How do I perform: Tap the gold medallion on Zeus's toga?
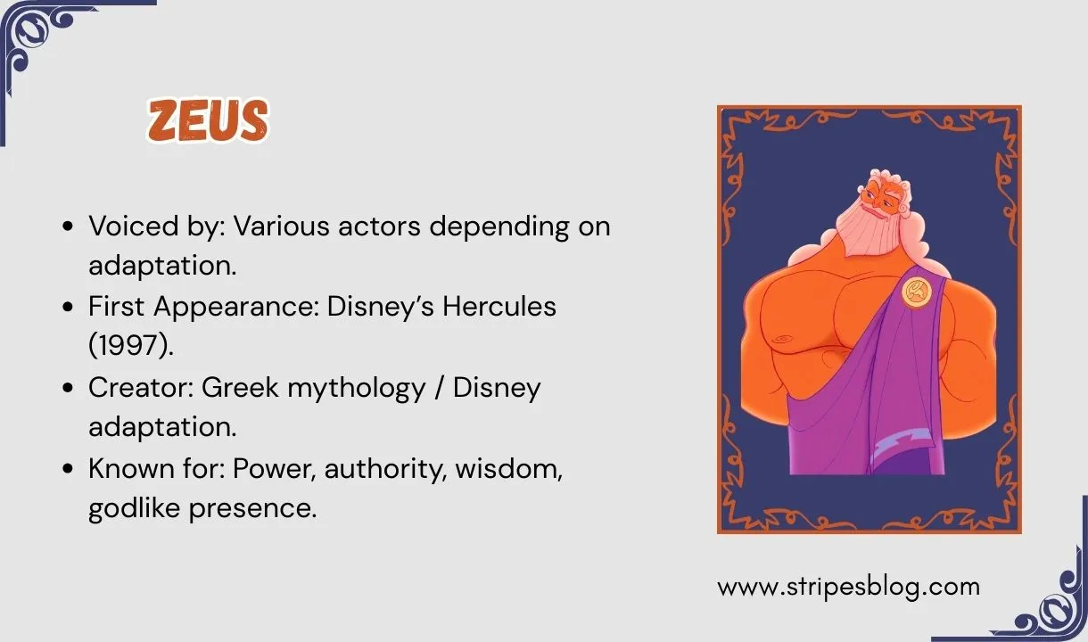(x=916, y=291)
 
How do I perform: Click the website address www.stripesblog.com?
(x=848, y=587)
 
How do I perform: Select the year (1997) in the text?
(x=131, y=346)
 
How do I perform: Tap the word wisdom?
(x=508, y=469)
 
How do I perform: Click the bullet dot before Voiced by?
(x=69, y=227)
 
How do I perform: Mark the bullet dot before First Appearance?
(x=69, y=308)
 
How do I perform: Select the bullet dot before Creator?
(x=69, y=389)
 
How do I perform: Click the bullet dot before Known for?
(x=69, y=470)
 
